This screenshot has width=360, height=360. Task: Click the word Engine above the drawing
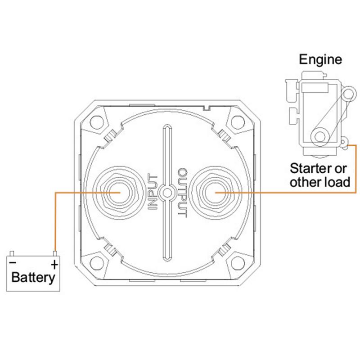pyautogui.click(x=321, y=59)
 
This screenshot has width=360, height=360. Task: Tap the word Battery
pyautogui.click(x=33, y=277)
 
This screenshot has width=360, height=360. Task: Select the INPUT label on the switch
pyautogui.click(x=153, y=193)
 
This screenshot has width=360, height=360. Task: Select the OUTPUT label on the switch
pyautogui.click(x=182, y=193)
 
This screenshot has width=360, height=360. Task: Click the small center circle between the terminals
pyautogui.click(x=167, y=193)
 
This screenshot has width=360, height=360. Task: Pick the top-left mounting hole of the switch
pyautogui.click(x=95, y=122)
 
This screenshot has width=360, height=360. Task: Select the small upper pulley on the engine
pyautogui.click(x=346, y=94)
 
